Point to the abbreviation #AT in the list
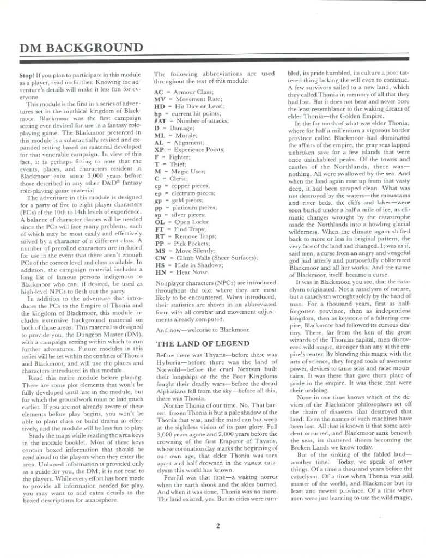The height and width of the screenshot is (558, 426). click(x=160, y=120)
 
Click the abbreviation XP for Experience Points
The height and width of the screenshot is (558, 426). click(x=160, y=149)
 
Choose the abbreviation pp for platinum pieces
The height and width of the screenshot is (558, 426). click(x=159, y=207)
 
